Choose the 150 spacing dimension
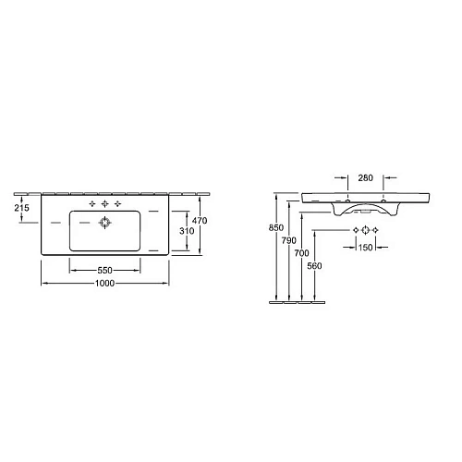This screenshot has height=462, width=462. pyautogui.click(x=364, y=247)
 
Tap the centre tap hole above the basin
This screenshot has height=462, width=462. pyautogui.click(x=105, y=203)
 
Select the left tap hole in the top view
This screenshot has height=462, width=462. pyautogui.click(x=93, y=203)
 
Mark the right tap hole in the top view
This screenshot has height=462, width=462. pyautogui.click(x=118, y=203)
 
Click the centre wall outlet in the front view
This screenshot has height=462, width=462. pyautogui.click(x=364, y=229)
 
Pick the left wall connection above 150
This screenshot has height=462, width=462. pyautogui.click(x=353, y=229)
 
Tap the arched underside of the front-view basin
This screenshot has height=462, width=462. pyautogui.click(x=365, y=212)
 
